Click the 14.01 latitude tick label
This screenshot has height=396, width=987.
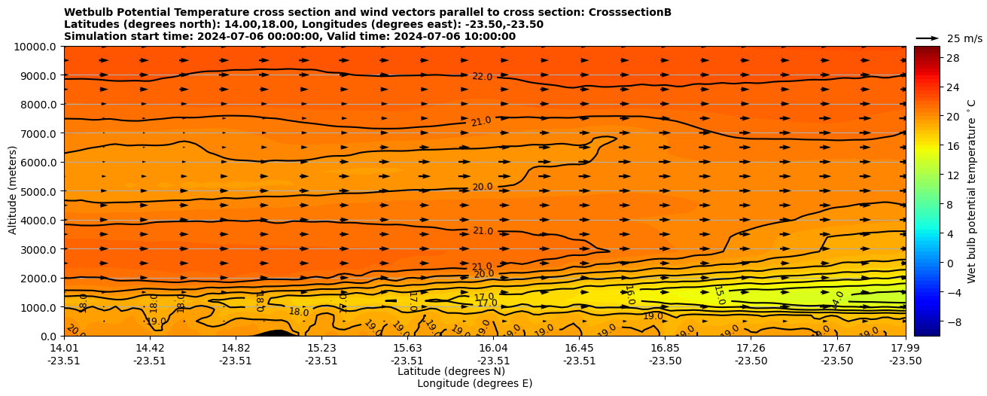pyautogui.click(x=64, y=349)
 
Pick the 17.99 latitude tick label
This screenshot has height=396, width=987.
pyautogui.click(x=905, y=349)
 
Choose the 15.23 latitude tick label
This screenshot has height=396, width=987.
pyautogui.click(x=321, y=349)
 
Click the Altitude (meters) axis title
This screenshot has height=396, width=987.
pyautogui.click(x=13, y=191)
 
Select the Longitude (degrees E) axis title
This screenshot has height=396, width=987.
pyautogui.click(x=474, y=383)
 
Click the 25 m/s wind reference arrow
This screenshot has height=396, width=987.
pyautogui.click(x=927, y=38)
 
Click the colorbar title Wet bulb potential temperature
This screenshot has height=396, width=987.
pyautogui.click(x=971, y=191)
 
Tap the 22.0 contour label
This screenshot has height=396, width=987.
pyautogui.click(x=482, y=77)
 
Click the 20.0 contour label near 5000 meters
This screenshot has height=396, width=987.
pyautogui.click(x=482, y=187)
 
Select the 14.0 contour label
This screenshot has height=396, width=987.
pyautogui.click(x=838, y=300)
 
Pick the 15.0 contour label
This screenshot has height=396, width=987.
pyautogui.click(x=719, y=295)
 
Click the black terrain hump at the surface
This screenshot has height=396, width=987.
pyautogui.click(x=274, y=333)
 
